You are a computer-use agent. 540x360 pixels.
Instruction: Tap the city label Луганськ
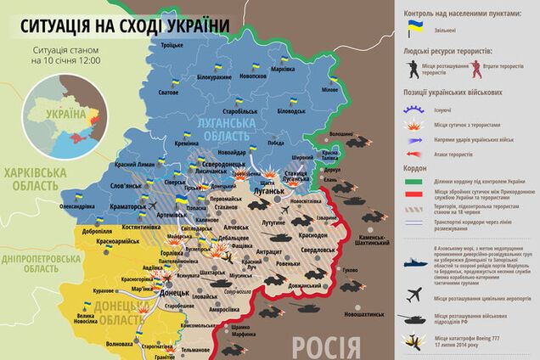(x=271, y=193)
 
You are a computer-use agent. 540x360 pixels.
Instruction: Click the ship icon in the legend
(x=417, y=264)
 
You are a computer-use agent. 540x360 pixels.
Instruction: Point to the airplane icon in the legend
(x=417, y=294)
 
